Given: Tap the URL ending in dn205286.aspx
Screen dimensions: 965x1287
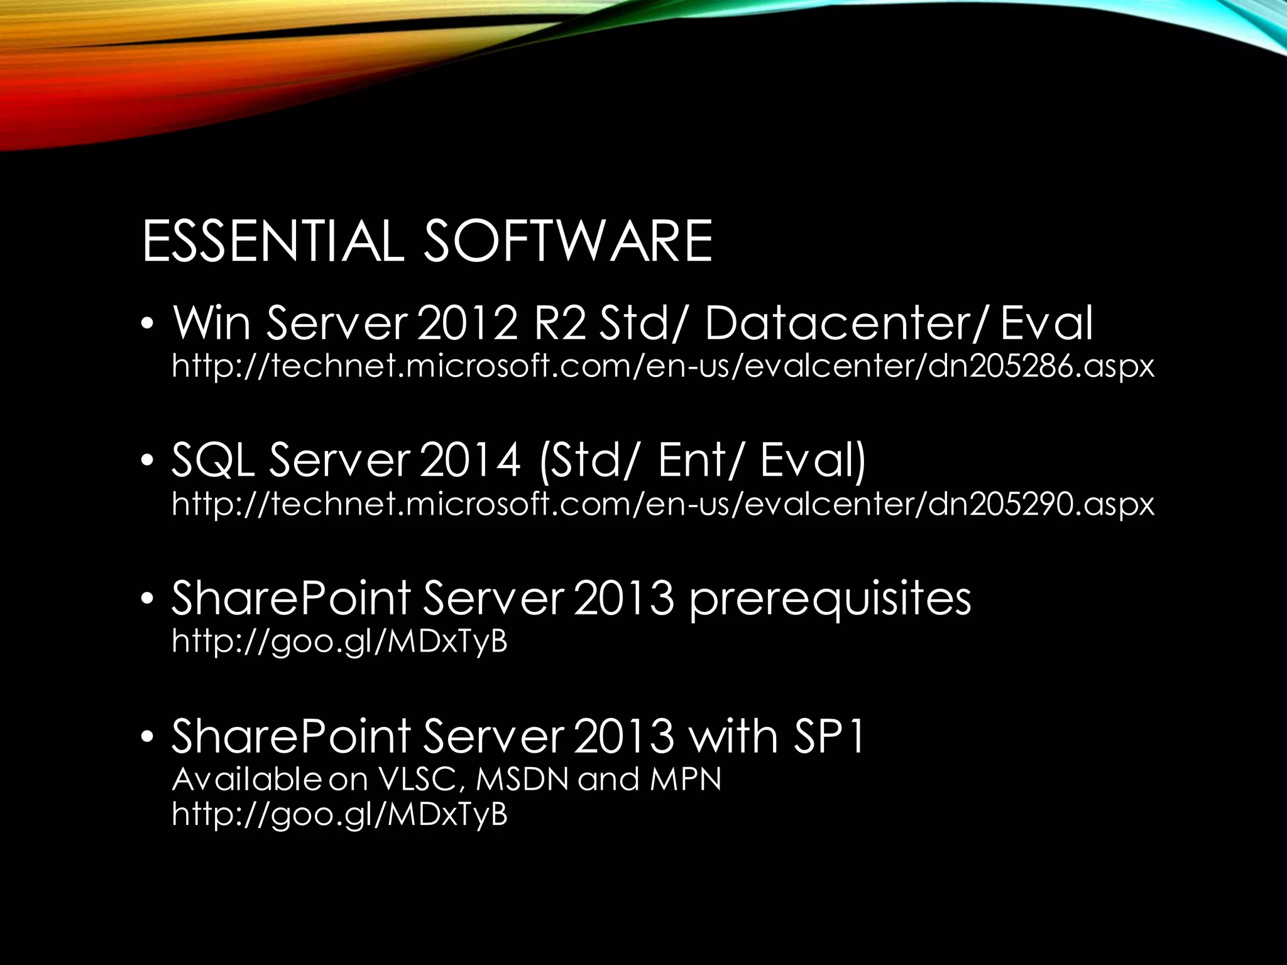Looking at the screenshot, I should [x=663, y=366].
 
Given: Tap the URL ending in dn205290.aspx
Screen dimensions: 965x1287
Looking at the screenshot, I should [x=663, y=504].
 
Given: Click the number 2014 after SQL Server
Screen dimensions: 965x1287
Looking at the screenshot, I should [x=470, y=461].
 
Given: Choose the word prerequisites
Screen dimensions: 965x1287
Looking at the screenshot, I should [x=830, y=599].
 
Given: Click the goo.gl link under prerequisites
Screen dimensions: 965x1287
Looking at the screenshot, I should [x=339, y=641].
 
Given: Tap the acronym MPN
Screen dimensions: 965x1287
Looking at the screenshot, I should [x=686, y=780].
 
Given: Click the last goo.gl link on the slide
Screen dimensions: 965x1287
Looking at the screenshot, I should [x=339, y=814].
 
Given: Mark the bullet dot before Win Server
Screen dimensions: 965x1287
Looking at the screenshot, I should [x=147, y=325].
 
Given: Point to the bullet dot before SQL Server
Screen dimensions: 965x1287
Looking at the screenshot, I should [x=147, y=462].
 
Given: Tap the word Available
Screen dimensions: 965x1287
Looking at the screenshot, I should [x=246, y=780].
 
